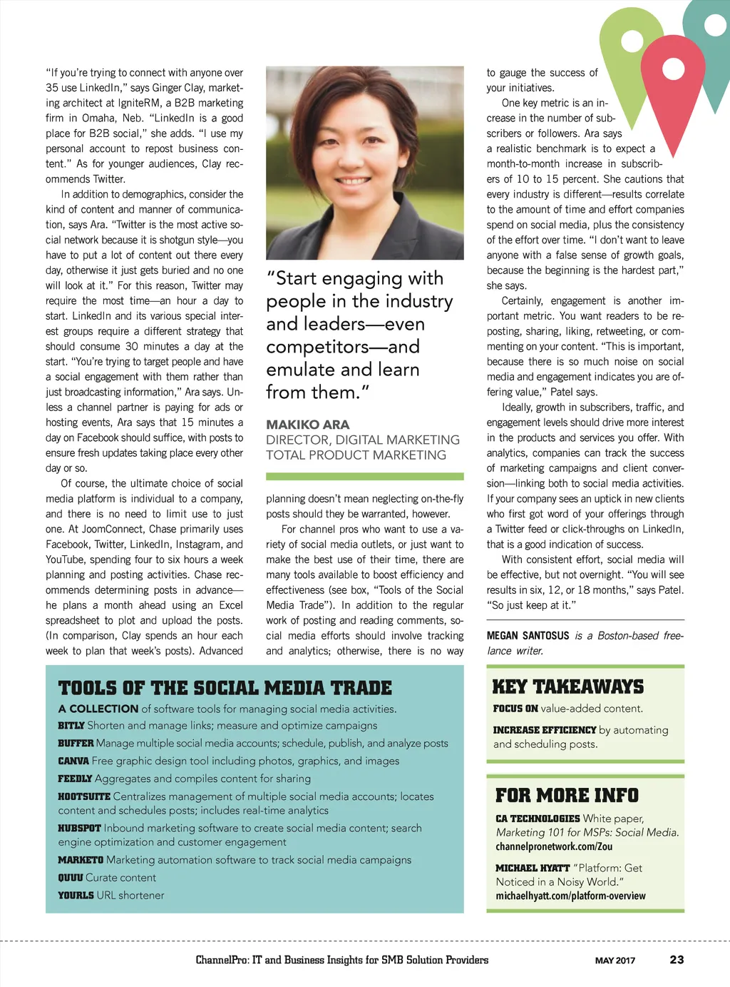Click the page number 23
(x=677, y=959)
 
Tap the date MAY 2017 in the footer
(x=615, y=960)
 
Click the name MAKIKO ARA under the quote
(x=307, y=425)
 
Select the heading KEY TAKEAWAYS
(x=567, y=687)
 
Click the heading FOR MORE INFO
(x=567, y=795)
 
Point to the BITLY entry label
(x=71, y=725)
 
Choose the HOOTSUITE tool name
(x=84, y=796)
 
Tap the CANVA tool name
(x=73, y=761)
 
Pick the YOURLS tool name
(x=76, y=895)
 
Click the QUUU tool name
(x=71, y=878)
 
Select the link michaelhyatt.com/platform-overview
(x=570, y=896)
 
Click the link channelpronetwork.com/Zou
(x=554, y=846)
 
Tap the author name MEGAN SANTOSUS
(x=528, y=635)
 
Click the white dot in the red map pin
(x=673, y=68)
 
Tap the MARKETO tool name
(x=81, y=860)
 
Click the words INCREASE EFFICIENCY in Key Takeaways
(x=544, y=729)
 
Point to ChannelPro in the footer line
(x=222, y=960)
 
